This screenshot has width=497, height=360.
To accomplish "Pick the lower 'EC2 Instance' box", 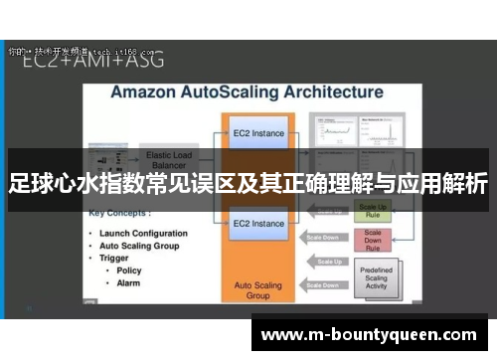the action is pyautogui.click(x=258, y=224).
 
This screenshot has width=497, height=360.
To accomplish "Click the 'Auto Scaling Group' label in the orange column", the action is pyautogui.click(x=258, y=288).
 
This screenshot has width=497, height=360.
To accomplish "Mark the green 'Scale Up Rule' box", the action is pyautogui.click(x=374, y=211).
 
